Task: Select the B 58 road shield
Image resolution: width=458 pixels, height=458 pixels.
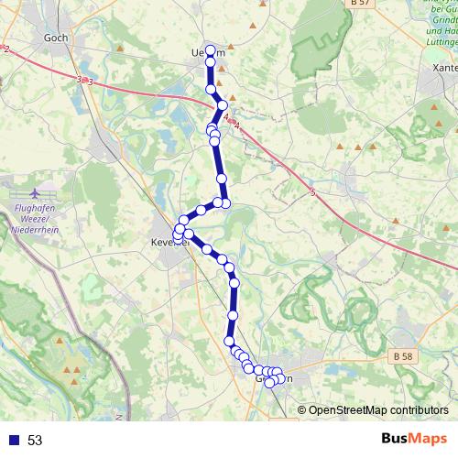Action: pos(400,355)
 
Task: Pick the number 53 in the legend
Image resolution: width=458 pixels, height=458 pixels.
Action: pos(35,440)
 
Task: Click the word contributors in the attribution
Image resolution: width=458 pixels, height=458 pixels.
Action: pos(420,411)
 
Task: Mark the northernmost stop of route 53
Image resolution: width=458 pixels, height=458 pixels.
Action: pos(210,50)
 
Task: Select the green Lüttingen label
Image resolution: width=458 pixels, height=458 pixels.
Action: pos(442,40)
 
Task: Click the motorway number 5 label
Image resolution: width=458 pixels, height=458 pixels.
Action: pos(312,192)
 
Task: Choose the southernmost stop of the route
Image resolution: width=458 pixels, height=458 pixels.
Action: pos(269,383)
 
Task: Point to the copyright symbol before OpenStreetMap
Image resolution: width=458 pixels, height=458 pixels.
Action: pos(302,411)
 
